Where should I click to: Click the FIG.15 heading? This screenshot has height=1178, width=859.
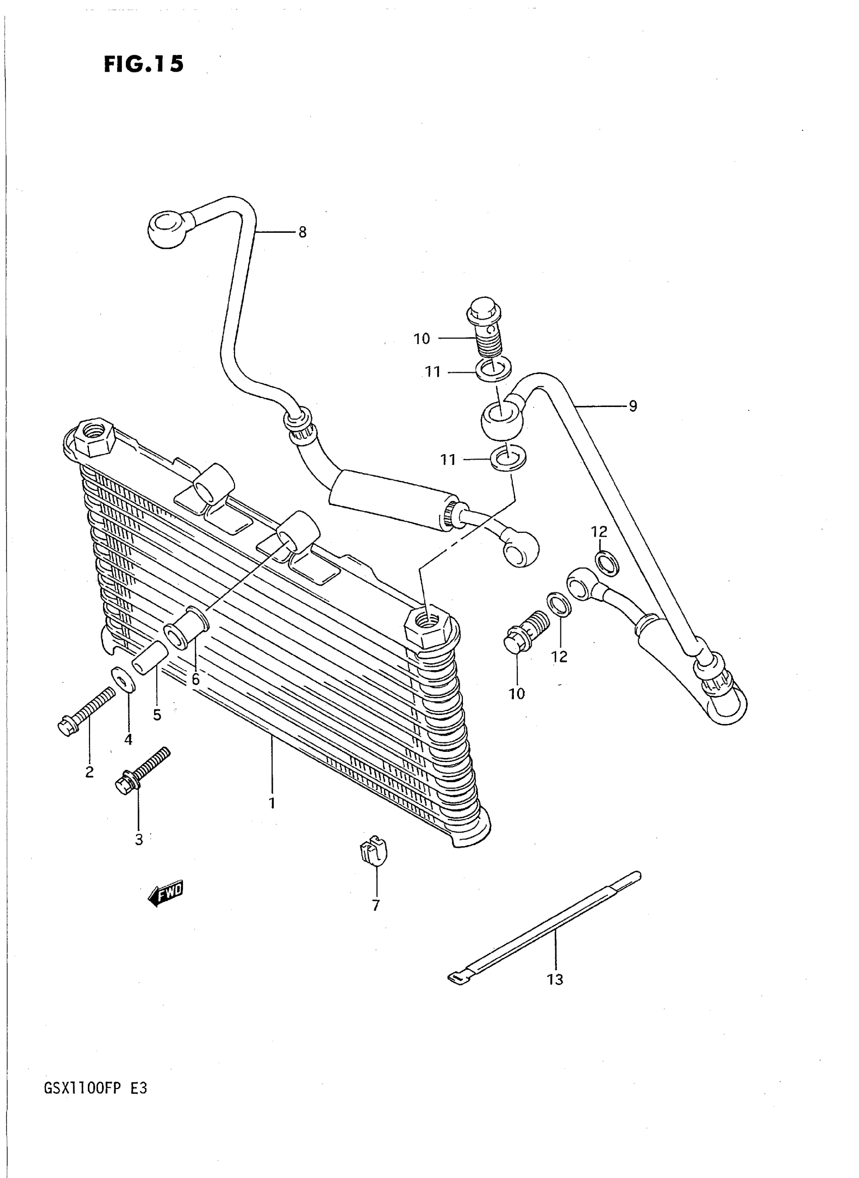pos(144,65)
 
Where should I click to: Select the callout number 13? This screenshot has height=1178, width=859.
pos(555,980)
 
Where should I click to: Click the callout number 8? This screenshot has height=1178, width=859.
pos(302,232)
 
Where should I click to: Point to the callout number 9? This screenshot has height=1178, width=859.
pos(632,406)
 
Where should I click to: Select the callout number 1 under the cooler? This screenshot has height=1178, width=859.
pos(271,803)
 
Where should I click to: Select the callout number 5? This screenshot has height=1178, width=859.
pos(157,714)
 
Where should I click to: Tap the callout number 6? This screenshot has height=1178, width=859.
pos(195,679)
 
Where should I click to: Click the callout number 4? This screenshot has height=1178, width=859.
pos(128,739)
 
